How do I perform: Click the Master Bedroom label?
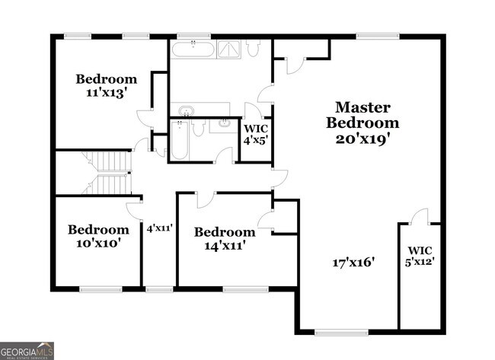(362, 115)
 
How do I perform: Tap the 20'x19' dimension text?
(362, 139)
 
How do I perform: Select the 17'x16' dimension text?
(354, 263)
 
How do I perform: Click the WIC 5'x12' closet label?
(420, 256)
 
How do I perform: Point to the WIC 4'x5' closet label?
(255, 134)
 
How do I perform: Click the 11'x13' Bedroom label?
(107, 85)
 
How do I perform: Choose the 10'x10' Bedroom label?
(98, 236)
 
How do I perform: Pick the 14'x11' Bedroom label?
(224, 238)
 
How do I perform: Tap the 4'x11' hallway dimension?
(160, 227)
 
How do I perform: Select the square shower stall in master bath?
(228, 49)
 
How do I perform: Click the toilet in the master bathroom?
(254, 47)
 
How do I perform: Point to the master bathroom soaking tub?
(193, 49)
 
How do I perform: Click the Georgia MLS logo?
(27, 350)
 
